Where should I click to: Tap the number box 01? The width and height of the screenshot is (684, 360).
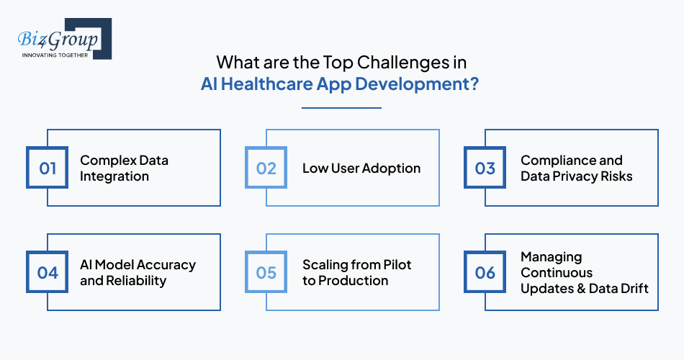(x=48, y=168)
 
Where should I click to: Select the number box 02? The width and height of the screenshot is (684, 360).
(x=266, y=168)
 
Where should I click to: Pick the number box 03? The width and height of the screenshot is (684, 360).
(x=485, y=168)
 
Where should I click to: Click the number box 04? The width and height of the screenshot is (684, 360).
(x=48, y=273)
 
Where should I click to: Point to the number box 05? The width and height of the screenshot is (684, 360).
(x=266, y=273)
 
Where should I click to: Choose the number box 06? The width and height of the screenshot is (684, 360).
(x=485, y=273)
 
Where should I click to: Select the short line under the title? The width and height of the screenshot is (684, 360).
(x=341, y=108)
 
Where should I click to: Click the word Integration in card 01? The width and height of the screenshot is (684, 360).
(x=114, y=176)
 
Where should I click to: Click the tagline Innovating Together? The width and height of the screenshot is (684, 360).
(x=55, y=55)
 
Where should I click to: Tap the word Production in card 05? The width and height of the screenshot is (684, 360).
(x=354, y=281)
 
